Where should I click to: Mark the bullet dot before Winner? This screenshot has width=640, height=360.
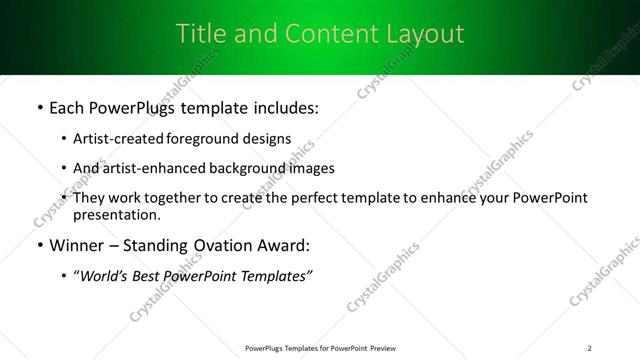tap(39, 245)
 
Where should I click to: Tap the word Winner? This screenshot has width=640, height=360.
tap(76, 245)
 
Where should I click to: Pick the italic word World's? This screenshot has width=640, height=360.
tap(105, 276)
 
